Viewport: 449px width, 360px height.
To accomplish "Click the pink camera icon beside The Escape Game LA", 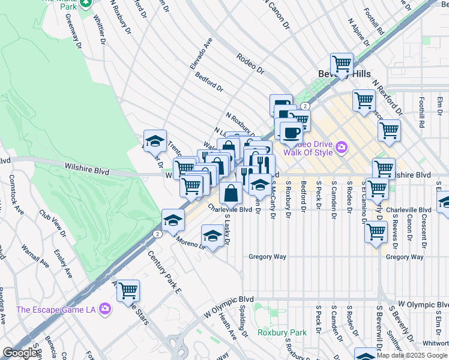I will [106, 310].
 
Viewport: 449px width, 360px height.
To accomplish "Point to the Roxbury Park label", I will [282, 332].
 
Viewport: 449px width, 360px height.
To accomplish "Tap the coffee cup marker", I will [291, 133].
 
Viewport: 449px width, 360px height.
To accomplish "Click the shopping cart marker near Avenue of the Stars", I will [128, 291].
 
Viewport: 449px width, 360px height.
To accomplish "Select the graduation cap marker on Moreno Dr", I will [212, 235].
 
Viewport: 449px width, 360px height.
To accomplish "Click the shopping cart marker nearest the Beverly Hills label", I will [342, 64].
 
